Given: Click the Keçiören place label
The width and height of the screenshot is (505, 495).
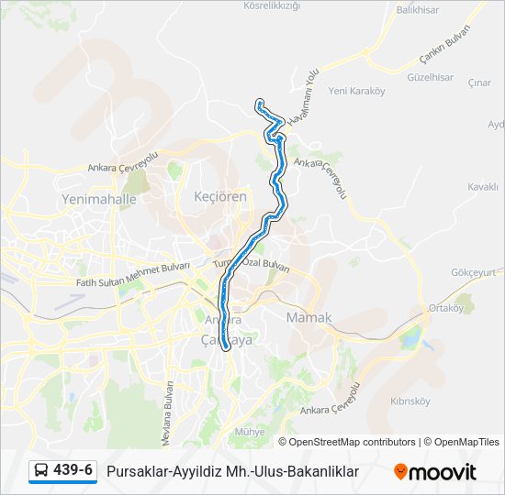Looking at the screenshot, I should coord(220,197).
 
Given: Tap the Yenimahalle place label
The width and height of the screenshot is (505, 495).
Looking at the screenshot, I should coord(98,199).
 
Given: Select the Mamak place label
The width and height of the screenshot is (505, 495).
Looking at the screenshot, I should coord(309,318).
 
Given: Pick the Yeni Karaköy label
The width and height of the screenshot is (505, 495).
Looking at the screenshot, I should coord(356,91).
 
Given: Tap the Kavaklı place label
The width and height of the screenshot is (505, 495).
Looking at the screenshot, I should coord(482,186).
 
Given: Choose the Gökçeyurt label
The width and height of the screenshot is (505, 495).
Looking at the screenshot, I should coord(478,272).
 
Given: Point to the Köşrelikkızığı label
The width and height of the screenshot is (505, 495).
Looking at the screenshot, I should coord(272,5).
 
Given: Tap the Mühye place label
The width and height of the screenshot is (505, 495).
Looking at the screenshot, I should coord(250,431).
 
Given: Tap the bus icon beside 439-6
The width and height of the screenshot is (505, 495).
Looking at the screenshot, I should coord(41,471).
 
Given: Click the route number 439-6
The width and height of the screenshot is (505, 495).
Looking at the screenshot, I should coord(73,470).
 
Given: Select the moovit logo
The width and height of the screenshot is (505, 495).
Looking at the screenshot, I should coord(435,471).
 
